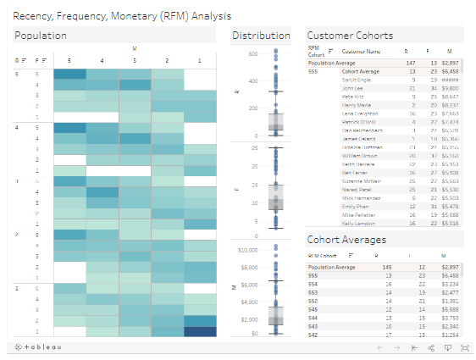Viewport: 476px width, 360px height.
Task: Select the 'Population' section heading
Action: tap(41, 36)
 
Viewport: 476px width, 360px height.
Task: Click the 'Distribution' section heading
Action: tap(261, 36)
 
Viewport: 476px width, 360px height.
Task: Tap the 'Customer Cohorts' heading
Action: tap(349, 36)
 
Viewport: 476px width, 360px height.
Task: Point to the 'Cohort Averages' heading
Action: tap(347, 241)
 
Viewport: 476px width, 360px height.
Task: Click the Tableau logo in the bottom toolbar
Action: tap(35, 347)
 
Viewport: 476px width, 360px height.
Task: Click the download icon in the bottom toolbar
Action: tap(448, 347)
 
